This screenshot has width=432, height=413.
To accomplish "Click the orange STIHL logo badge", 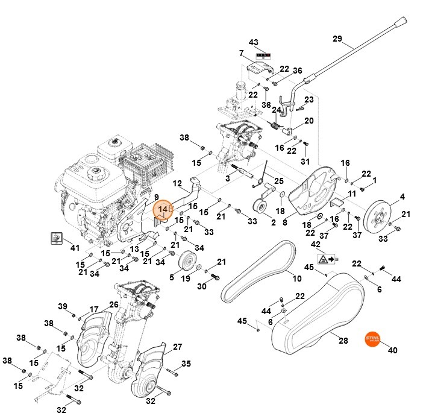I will pos(375,340).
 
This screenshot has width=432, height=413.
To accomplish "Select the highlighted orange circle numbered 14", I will pos(163,209).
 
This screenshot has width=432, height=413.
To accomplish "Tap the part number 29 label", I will pos(337,39).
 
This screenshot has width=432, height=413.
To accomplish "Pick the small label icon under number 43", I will pos(253,54).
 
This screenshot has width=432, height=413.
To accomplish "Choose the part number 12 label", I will pos(177,183).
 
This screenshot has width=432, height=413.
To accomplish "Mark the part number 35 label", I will pos(186,364).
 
